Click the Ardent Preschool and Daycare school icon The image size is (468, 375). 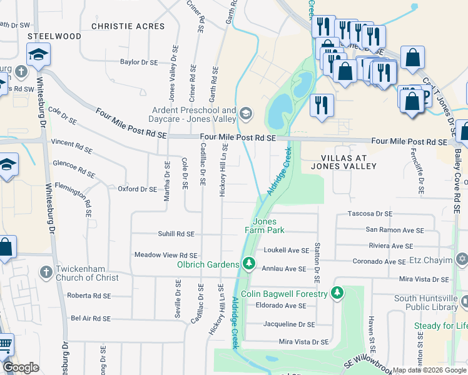point(245,113)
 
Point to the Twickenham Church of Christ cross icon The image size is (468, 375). point(46,272)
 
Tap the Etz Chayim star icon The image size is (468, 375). point(462,258)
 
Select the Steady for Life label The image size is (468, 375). point(440,326)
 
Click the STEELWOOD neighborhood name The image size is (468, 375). point(54,36)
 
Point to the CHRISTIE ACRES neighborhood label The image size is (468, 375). point(128,26)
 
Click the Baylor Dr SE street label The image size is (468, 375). point(139,62)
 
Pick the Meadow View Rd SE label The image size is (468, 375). point(166,255)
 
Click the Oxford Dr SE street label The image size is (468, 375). point(137,189)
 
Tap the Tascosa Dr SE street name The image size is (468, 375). point(370,214)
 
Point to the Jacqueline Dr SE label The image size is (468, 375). point(289,324)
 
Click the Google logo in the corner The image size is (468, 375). point(21,367)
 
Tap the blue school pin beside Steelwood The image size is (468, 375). point(38,56)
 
